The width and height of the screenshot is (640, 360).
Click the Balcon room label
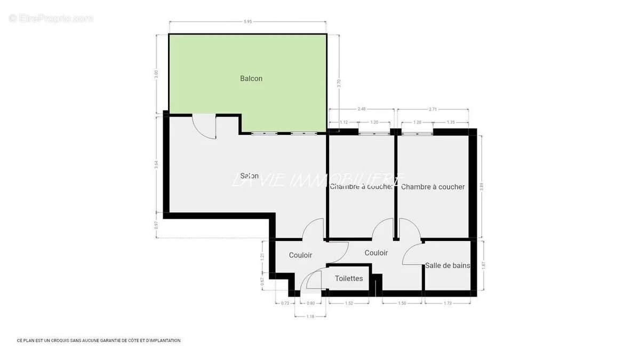click(251, 78)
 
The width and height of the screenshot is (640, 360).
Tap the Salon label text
click(250, 176)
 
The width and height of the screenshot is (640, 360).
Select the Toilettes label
click(349, 278)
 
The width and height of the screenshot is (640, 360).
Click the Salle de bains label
click(447, 265)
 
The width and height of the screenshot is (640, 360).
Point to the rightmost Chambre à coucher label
click(433, 187)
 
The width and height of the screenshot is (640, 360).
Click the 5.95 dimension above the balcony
click(247, 22)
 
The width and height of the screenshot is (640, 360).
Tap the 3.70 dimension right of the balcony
click(339, 83)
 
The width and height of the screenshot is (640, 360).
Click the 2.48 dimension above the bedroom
click(362, 109)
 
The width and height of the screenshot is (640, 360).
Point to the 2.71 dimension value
click(433, 109)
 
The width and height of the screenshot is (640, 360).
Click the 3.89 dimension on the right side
click(482, 187)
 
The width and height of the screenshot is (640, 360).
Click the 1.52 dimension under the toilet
click(348, 303)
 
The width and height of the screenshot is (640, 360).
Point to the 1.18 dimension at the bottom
click(311, 316)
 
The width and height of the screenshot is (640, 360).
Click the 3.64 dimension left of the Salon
click(156, 165)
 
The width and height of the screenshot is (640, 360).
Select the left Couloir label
click(300, 255)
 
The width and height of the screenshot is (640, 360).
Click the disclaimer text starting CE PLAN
click(99, 340)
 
